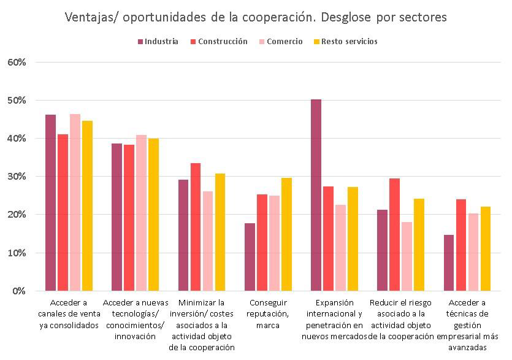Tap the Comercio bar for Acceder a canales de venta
coord(75,202)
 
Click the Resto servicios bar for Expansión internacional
coord(353,239)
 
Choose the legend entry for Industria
coord(158,42)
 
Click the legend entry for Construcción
coord(219,42)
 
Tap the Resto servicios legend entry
coord(345,42)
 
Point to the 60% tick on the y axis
coord(17,62)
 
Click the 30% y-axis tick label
coord(17,177)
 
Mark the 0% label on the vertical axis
coord(18,291)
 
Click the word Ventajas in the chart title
coord(88,17)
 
